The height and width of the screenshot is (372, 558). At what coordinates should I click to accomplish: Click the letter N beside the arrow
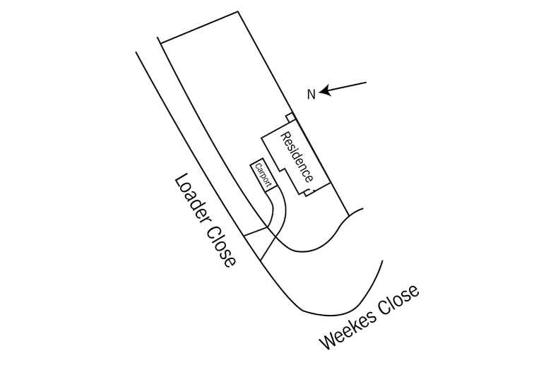(x=311, y=94)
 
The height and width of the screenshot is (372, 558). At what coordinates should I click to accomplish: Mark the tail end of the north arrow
(x=366, y=83)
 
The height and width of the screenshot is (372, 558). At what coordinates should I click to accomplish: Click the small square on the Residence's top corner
(x=290, y=116)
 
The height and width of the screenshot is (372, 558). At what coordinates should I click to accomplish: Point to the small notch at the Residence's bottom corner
(x=309, y=192)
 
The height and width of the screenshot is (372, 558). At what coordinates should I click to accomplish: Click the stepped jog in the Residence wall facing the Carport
(x=280, y=168)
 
